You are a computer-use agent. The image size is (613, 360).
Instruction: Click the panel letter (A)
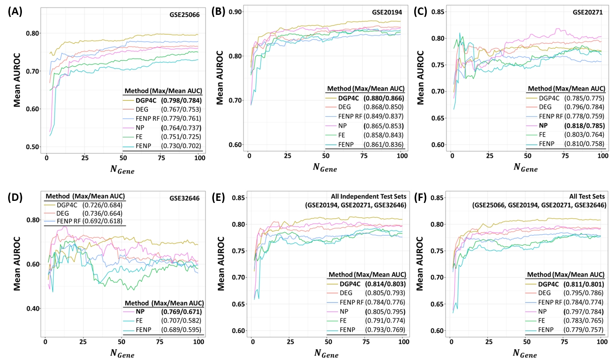pos(15,12)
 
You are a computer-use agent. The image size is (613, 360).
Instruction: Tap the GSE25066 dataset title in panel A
pos(184,15)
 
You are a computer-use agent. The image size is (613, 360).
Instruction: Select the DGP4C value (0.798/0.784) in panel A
pos(181,100)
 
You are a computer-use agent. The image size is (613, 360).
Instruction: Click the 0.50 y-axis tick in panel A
pos(33,147)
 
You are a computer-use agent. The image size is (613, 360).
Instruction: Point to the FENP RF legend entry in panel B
pos(350,117)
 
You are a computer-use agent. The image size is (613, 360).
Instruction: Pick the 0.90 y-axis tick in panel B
pos(235,12)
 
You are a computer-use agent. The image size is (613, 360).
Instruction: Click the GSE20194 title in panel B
pos(387,12)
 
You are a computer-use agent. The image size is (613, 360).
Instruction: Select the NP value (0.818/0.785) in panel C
pos(584,126)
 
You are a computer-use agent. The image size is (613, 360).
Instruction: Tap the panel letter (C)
pos(421,12)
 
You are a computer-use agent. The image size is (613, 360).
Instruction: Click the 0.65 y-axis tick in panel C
pos(438,118)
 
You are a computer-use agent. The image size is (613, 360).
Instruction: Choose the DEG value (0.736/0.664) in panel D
pos(102,214)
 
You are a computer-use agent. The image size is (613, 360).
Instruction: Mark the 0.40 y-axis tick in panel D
pos(33,308)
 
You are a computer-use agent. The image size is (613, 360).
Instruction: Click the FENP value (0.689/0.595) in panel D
pos(181,330)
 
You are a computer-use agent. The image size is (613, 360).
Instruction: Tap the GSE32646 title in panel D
pos(184,198)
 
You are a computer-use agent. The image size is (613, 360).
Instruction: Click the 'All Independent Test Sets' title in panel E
pos(368,197)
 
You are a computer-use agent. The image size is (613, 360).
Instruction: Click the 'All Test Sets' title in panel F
pos(587,197)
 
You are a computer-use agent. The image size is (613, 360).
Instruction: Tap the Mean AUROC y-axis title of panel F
pos(420,264)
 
